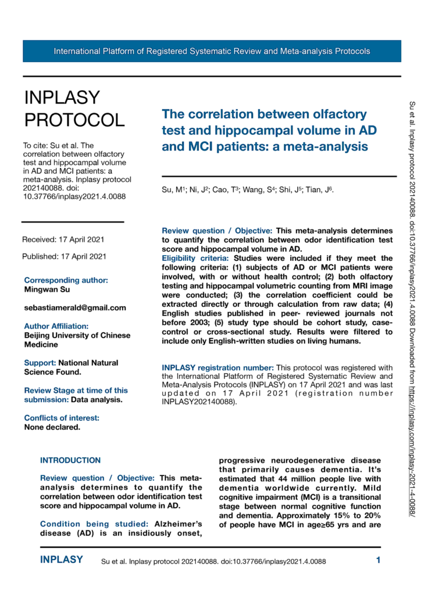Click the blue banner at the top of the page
point(212,51)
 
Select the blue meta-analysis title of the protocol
point(264,130)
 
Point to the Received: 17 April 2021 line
point(63,239)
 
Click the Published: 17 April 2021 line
point(64,256)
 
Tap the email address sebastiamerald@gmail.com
point(75,307)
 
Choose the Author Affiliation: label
point(56,326)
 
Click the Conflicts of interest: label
point(62,418)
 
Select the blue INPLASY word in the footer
point(62,560)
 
